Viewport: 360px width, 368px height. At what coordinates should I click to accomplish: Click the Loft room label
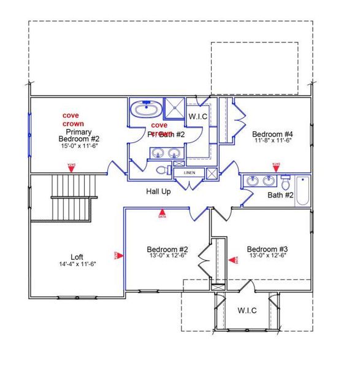tap(77, 257)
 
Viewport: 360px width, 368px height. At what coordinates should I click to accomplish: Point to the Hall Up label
tap(158, 192)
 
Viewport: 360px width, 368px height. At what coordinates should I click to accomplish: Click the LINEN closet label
tap(189, 173)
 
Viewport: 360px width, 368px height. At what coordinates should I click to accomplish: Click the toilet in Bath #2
tap(286, 183)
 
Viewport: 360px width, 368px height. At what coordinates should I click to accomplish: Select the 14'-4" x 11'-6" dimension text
tap(77, 264)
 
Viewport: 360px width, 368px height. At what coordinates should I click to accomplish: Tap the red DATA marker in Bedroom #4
tap(275, 166)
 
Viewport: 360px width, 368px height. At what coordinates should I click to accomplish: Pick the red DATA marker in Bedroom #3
tap(233, 260)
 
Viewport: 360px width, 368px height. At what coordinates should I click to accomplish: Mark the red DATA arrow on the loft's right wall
tap(118, 255)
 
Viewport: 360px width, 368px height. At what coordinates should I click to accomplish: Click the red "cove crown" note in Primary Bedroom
tap(73, 119)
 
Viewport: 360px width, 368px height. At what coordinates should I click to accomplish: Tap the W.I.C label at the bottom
tap(247, 310)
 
